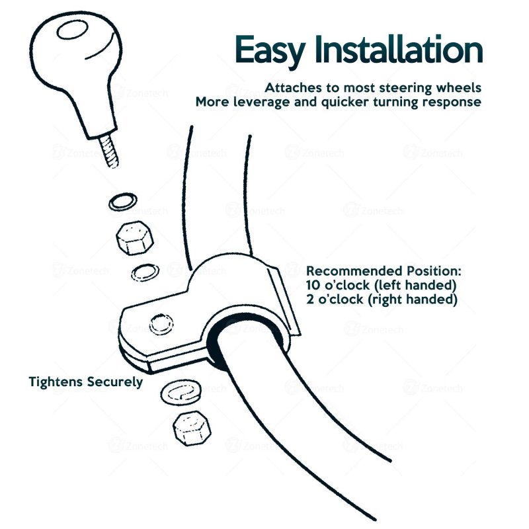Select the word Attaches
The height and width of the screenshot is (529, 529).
(293, 88)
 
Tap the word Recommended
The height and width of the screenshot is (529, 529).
(354, 271)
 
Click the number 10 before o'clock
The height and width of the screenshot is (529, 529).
(313, 286)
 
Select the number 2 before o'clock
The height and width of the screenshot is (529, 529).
(309, 300)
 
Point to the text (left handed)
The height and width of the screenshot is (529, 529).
(416, 286)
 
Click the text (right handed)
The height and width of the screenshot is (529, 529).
(413, 300)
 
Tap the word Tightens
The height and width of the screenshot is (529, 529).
(56, 382)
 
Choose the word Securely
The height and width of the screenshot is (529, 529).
(114, 382)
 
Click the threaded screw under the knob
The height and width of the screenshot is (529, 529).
(108, 151)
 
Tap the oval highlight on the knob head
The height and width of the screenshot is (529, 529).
(72, 30)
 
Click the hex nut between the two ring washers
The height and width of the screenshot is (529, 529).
(135, 238)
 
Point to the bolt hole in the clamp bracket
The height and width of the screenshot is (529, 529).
(161, 324)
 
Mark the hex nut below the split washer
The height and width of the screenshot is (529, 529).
(192, 428)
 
